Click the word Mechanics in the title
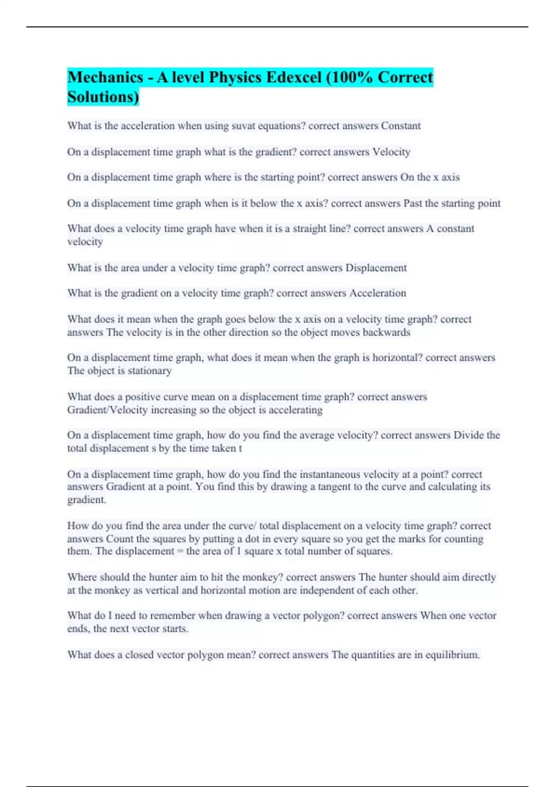point(105,77)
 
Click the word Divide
point(468,435)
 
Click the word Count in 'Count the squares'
point(120,539)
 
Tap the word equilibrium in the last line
point(452,655)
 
